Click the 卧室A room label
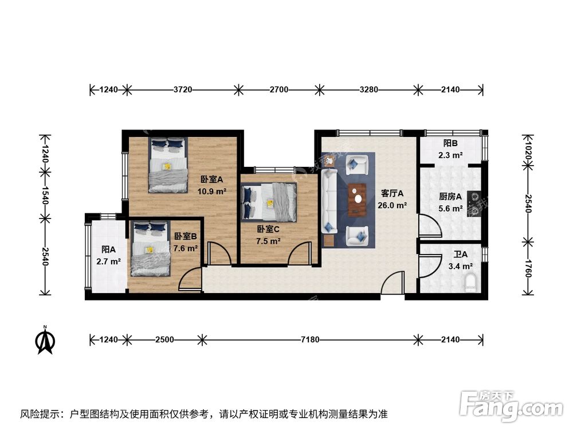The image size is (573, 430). (212, 178)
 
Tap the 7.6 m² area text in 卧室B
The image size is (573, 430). (186, 248)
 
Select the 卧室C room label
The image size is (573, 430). (268, 229)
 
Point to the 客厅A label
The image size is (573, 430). (393, 193)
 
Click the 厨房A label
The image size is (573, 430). (450, 197)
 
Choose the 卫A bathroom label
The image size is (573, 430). (460, 255)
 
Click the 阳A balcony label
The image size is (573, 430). (109, 249)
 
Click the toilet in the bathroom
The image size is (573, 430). (470, 283)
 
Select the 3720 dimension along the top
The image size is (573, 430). (182, 90)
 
